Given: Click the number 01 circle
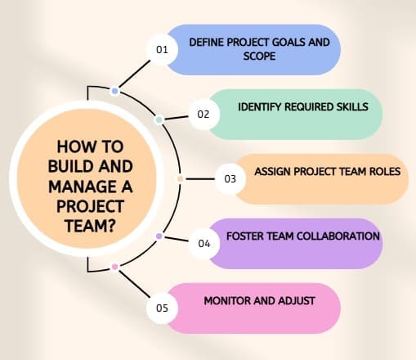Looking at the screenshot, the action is tap(163, 50).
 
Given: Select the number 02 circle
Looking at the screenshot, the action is tap(204, 114).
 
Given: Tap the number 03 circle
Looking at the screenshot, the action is tap(230, 179).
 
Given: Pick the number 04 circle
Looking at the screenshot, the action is tap(204, 243).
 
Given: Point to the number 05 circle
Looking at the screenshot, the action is tap(163, 308).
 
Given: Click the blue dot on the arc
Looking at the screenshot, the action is tap(115, 91).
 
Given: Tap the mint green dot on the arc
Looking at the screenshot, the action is tap(159, 119).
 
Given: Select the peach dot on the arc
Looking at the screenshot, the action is tap(180, 179).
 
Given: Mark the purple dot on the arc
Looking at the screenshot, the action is tap(159, 236).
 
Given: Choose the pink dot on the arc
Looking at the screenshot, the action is tap(115, 267).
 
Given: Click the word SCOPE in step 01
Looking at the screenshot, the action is tap(259, 56).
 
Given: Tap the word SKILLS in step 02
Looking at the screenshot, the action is tap(352, 106).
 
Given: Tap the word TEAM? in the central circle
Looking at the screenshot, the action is tap(91, 226).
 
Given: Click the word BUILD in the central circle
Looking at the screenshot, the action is tap(69, 166).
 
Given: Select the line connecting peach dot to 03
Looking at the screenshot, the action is tap(200, 179).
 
